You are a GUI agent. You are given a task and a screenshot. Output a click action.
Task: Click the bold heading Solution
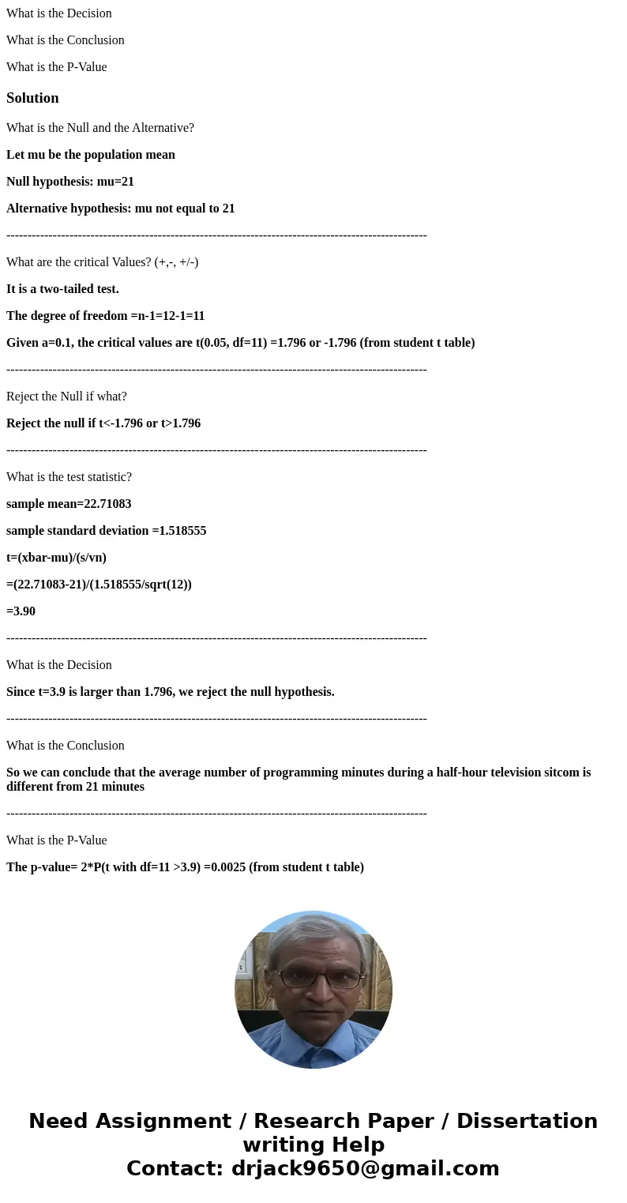pyautogui.click(x=32, y=98)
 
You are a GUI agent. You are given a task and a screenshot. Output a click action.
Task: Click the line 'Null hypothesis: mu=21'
pyautogui.click(x=70, y=182)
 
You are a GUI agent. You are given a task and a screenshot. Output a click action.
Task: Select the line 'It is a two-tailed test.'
pyautogui.click(x=62, y=289)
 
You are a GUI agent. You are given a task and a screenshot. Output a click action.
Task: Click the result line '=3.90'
pyautogui.click(x=21, y=611)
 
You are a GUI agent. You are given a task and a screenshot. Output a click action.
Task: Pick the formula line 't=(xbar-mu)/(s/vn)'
pyautogui.click(x=56, y=558)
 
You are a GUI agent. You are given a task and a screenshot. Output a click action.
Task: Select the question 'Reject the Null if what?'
pyautogui.click(x=66, y=397)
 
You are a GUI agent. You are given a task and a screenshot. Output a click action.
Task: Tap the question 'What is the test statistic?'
pyautogui.click(x=69, y=477)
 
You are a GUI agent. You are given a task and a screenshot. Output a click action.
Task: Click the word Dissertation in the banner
pyautogui.click(x=527, y=1121)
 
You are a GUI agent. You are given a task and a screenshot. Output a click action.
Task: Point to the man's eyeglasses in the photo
pyautogui.click(x=319, y=979)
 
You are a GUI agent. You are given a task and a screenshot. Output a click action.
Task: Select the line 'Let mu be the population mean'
pyautogui.click(x=91, y=155)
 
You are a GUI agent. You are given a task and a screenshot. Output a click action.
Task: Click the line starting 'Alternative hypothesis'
pyautogui.click(x=120, y=209)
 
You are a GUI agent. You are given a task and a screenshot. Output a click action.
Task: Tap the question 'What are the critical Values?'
pyautogui.click(x=102, y=262)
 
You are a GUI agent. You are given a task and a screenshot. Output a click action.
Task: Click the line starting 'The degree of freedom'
pyautogui.click(x=105, y=316)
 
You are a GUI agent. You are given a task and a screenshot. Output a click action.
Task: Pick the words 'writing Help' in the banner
pyautogui.click(x=313, y=1145)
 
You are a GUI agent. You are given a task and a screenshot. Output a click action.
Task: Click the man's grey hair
pyautogui.click(x=316, y=932)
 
